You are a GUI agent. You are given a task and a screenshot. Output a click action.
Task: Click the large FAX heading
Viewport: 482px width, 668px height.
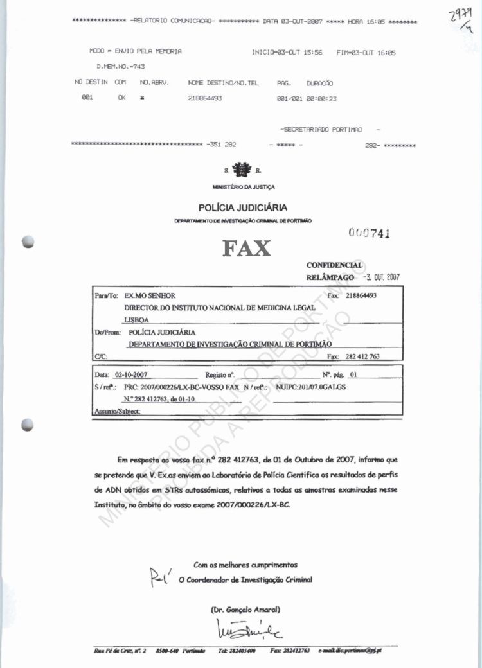tap(247, 249)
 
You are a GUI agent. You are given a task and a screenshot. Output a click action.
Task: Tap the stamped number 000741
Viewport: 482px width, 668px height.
tap(370, 233)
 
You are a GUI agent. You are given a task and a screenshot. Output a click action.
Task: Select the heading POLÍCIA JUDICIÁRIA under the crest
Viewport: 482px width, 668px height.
tap(243, 207)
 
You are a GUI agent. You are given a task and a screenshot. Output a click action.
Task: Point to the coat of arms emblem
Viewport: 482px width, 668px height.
tap(242, 170)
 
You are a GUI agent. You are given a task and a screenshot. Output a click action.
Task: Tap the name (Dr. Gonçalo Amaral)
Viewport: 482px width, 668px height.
tap(245, 610)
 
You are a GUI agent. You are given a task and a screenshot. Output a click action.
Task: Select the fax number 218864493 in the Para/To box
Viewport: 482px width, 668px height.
tap(361, 295)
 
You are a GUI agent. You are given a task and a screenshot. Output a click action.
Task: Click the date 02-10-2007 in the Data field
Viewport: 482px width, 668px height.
tap(130, 374)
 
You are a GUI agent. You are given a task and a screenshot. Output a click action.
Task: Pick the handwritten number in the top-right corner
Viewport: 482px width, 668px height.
tap(461, 22)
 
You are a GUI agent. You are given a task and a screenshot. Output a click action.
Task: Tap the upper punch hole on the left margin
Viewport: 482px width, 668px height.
tap(27, 242)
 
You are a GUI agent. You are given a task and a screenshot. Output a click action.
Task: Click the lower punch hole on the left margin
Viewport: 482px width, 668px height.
tap(27, 424)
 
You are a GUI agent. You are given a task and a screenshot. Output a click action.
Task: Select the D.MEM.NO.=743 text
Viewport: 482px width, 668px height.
tap(120, 66)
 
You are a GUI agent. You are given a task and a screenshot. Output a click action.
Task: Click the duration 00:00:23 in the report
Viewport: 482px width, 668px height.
tap(322, 98)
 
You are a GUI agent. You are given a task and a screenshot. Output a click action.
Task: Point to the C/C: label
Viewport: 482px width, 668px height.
tap(100, 356)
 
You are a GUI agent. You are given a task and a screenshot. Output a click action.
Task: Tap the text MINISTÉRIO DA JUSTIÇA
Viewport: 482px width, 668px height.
tap(243, 187)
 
